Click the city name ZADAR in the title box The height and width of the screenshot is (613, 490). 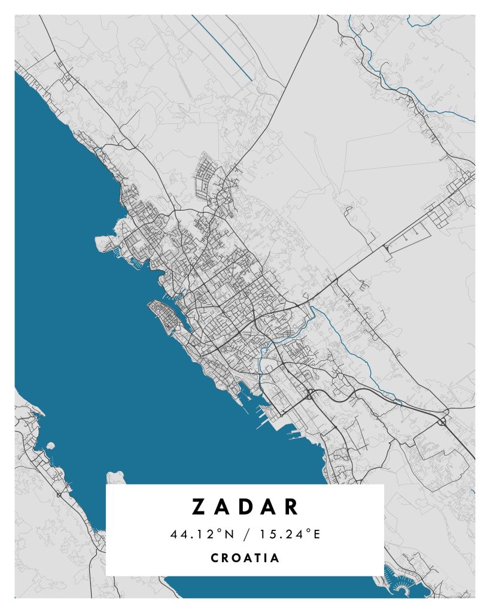tap(245, 506)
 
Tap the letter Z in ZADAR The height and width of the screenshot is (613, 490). tap(199, 506)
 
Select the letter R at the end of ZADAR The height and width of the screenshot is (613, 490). tap(291, 506)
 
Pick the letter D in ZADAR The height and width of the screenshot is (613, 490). tap(245, 506)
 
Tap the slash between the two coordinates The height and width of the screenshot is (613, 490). tap(245, 534)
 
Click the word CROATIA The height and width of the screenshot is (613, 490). tap(245, 558)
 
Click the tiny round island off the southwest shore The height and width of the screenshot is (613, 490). tap(51, 446)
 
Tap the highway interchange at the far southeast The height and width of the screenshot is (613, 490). tap(443, 421)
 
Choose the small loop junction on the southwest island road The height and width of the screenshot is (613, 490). tap(59, 494)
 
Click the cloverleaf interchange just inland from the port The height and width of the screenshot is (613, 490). tap(311, 394)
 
